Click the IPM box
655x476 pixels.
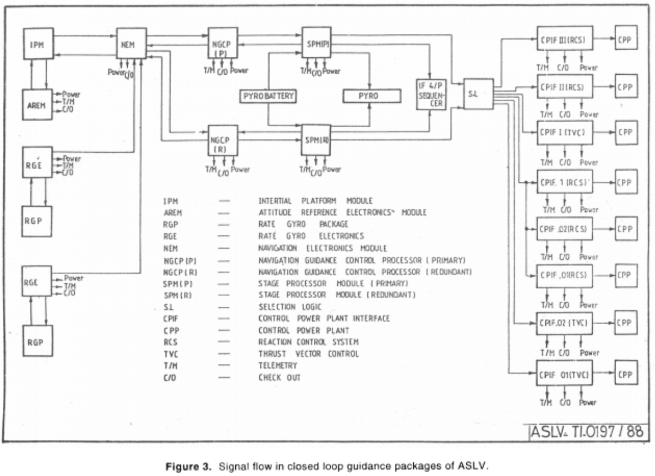click(38, 44)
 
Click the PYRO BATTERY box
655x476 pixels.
click(267, 97)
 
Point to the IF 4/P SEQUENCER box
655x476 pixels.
click(431, 96)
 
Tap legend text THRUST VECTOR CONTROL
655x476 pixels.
click(308, 354)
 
